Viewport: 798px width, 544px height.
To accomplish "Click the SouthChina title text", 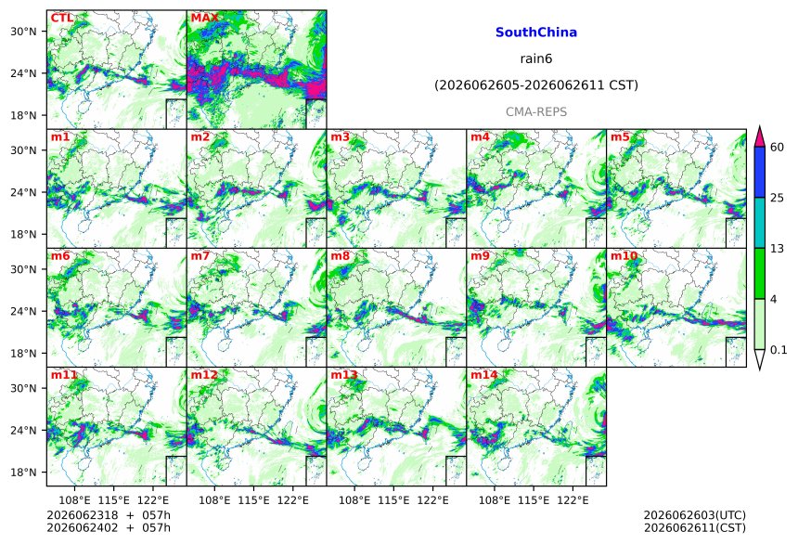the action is coord(536,32).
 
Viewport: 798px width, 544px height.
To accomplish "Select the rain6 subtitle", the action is coord(536,58).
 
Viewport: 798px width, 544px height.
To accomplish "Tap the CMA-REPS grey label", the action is coord(536,111).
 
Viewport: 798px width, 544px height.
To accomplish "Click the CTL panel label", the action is coord(62,18).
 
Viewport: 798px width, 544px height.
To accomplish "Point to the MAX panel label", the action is coord(204,18).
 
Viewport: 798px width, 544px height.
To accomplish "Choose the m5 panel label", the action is coord(620,137).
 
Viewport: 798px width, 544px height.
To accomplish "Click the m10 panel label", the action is coord(624,255).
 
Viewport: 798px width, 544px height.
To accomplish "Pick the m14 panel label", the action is coord(484,375).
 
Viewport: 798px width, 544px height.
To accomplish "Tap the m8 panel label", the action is coord(340,255).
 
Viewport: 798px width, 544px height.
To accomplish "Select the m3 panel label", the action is coord(340,137).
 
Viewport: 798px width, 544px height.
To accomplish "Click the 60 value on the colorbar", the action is coord(778,148).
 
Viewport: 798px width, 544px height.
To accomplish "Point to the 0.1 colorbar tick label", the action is coord(779,349).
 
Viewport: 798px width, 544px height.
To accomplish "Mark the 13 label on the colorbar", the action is coord(778,249).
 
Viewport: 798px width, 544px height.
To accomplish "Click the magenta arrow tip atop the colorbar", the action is coord(760,126).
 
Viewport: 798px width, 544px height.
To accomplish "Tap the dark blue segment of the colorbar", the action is coord(760,173).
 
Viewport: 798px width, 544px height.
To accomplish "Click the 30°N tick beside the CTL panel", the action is coord(23,31).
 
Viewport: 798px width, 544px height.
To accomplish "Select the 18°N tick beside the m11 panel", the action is coord(23,473).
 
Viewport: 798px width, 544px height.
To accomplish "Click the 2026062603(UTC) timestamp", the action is coord(695,515).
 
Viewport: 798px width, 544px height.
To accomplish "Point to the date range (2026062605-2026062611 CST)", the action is coord(536,85).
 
